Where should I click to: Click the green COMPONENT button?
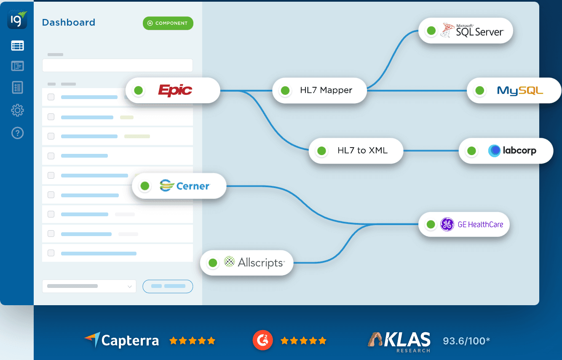(168, 23)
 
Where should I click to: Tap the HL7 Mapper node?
(320, 90)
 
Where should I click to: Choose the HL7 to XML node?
(356, 150)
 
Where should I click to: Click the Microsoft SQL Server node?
(466, 30)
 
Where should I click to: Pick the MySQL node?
(514, 90)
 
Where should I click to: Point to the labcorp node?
(506, 150)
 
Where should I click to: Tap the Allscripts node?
(247, 263)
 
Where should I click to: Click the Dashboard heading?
(69, 22)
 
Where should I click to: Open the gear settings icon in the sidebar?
(17, 111)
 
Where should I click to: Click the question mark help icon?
(17, 133)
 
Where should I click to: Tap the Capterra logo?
(122, 340)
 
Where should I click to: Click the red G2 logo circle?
(262, 340)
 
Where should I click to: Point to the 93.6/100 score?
(466, 341)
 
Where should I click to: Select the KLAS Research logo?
(399, 341)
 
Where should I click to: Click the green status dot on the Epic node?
(138, 90)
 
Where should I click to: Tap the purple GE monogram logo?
(447, 224)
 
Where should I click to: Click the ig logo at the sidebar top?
(17, 19)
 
